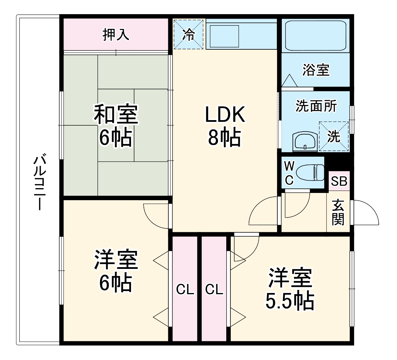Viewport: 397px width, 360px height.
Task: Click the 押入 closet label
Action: [x=116, y=35]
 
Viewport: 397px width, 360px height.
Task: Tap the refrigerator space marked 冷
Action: [x=188, y=35]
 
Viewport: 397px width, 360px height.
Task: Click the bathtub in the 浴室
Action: [x=316, y=35]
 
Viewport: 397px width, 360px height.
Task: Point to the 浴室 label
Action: [x=316, y=70]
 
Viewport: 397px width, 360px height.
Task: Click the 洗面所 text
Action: [x=316, y=106]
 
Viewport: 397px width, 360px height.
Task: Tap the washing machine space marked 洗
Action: [x=334, y=136]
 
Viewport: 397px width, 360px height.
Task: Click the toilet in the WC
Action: [x=310, y=173]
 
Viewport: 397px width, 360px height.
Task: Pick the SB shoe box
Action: [x=339, y=181]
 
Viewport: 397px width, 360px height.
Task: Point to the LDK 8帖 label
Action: [x=225, y=126]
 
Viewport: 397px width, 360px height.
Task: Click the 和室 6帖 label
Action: [x=116, y=126]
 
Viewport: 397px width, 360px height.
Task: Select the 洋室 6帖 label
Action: [x=116, y=271]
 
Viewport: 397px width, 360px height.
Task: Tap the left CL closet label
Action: [x=185, y=290]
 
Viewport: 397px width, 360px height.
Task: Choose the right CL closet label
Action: [x=214, y=290]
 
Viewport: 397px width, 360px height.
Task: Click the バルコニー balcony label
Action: [x=39, y=182]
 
